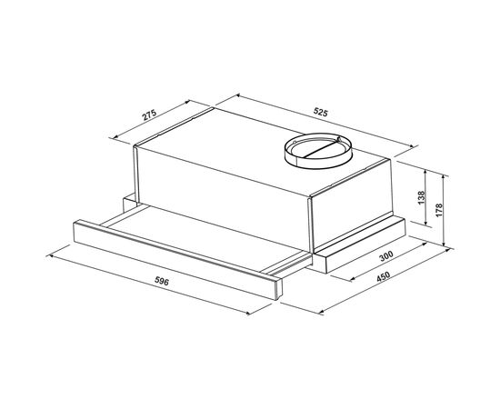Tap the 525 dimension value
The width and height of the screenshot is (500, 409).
point(319,113)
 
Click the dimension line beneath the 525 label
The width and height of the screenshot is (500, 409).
point(318,122)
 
